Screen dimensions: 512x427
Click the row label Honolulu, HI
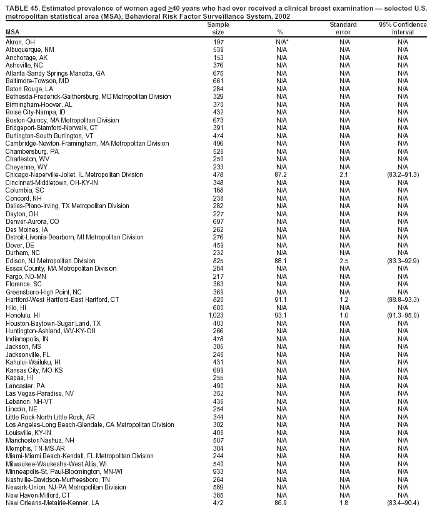click(23, 315)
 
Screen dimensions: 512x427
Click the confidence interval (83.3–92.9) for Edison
click(403, 261)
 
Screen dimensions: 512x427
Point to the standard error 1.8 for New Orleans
click(344, 503)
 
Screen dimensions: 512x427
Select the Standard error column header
click(343, 28)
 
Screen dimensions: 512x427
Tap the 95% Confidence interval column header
click(403, 28)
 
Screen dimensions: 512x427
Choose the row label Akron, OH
click(19, 42)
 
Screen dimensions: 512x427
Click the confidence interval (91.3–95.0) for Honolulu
click(403, 315)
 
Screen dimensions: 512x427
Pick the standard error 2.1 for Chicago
click(344, 174)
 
